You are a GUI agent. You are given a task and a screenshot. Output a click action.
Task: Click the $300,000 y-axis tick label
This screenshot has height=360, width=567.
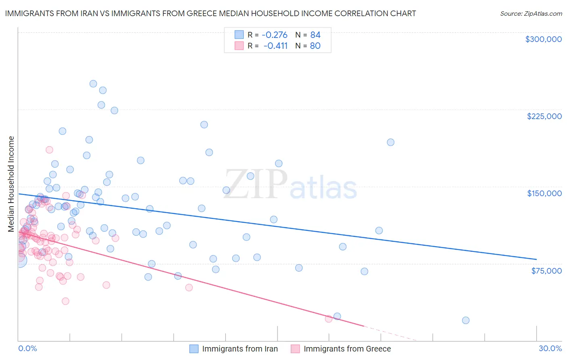[x=543, y=39]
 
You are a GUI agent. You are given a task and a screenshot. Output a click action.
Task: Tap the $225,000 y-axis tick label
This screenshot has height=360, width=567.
[x=544, y=116]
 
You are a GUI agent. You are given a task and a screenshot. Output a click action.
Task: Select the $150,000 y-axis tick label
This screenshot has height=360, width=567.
[x=544, y=193]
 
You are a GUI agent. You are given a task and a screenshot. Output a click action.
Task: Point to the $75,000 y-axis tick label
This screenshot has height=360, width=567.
[x=546, y=271]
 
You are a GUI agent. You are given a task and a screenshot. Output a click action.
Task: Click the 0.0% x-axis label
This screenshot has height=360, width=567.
[x=27, y=348]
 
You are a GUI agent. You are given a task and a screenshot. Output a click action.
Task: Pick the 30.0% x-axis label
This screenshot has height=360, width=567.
[x=550, y=348]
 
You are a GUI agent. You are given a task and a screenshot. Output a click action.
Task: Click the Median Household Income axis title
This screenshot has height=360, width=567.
[x=11, y=184]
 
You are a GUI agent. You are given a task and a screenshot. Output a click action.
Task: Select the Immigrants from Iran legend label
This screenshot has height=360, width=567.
[x=240, y=349]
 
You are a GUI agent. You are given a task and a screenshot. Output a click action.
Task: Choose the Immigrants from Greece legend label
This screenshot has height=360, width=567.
[x=347, y=349]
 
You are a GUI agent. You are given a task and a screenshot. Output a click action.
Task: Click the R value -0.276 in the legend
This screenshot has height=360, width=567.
[x=274, y=35]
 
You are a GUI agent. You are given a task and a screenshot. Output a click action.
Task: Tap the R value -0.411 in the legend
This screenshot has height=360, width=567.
[x=275, y=46]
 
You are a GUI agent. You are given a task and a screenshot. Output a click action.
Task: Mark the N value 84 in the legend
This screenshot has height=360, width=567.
[x=315, y=35]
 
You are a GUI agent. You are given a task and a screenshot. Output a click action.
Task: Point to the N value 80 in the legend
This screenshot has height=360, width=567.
[x=315, y=46]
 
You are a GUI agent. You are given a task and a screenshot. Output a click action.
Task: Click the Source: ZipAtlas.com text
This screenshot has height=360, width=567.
[x=531, y=14]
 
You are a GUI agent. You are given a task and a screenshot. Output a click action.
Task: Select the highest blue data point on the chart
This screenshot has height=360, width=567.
[x=93, y=84]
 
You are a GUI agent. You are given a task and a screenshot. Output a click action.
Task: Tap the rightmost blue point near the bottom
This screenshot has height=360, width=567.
[x=465, y=320]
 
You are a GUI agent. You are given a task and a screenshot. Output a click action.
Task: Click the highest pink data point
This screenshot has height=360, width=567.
[x=49, y=150]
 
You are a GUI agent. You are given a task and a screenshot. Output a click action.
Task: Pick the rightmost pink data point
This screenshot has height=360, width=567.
[x=328, y=319]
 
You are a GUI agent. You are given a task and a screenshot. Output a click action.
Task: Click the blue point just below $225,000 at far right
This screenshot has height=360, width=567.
[x=390, y=142]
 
